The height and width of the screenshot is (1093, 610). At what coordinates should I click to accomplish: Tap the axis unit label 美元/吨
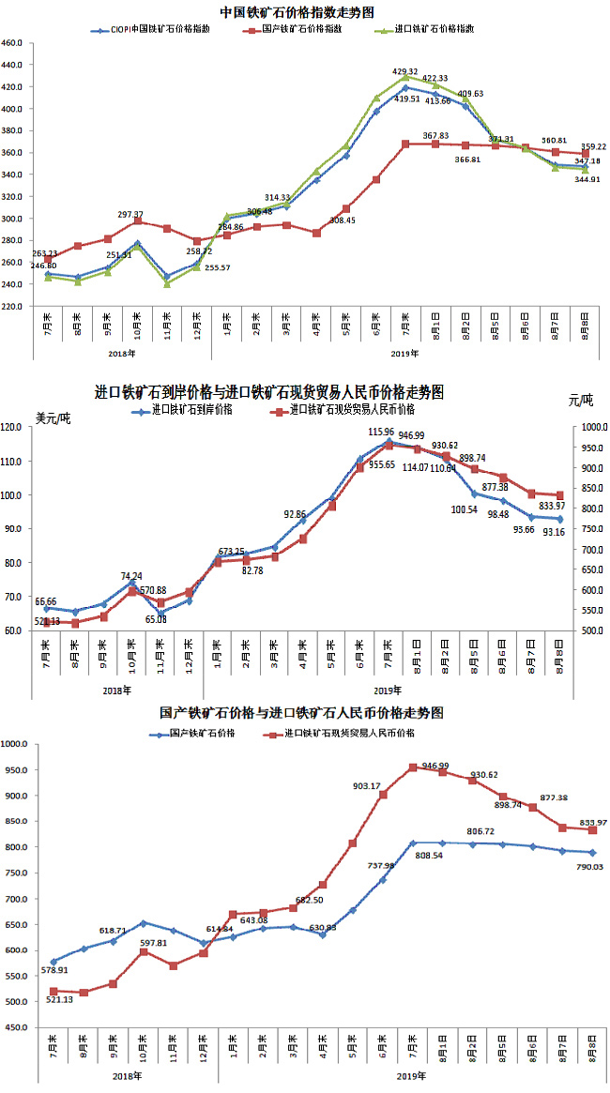(x=53, y=417)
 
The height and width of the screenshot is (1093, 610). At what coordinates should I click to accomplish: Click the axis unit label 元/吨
(x=582, y=400)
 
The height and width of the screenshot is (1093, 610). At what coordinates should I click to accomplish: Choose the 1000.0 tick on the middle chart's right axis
(x=592, y=427)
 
